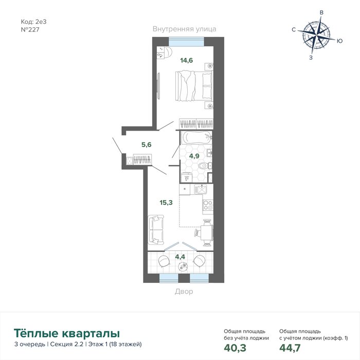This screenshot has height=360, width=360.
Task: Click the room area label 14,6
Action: point(186,60)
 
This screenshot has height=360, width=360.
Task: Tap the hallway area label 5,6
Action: point(147,145)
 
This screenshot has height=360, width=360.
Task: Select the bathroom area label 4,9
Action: point(194,156)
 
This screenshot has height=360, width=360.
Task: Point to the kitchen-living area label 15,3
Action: point(166,203)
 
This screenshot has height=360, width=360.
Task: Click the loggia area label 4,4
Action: point(180,257)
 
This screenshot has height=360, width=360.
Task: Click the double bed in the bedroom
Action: point(194,86)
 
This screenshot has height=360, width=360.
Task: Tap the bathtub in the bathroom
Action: point(196,138)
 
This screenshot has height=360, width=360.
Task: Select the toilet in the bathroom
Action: point(205,166)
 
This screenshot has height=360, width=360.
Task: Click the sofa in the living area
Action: point(156,229)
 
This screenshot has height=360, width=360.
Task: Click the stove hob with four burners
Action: point(208,206)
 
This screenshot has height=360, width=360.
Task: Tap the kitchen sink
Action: point(201,189)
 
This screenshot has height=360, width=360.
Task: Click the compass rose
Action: point(317,36)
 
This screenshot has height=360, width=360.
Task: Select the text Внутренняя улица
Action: point(184,29)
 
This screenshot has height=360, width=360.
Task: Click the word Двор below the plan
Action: point(184,292)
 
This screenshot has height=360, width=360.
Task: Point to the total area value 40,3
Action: point(235,348)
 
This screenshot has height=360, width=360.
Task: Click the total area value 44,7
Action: point(290,348)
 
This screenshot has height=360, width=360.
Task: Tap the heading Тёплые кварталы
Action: point(67,333)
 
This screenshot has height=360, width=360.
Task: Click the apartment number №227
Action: point(30,30)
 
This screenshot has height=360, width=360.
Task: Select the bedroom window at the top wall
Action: point(186,42)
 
